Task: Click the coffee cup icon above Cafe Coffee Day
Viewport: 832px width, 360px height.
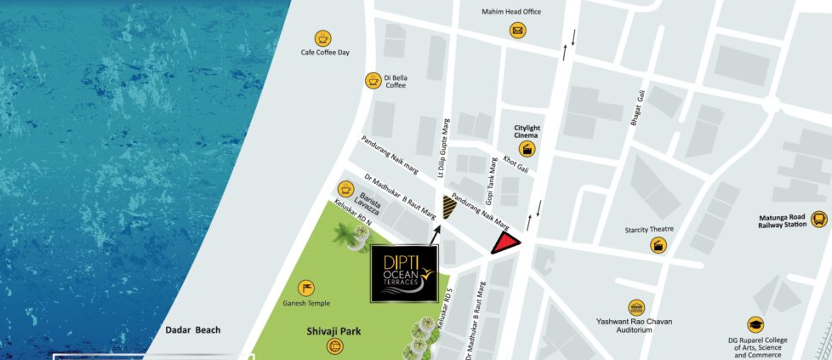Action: point(322,38)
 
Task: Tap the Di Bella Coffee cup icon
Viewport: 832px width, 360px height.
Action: point(373,80)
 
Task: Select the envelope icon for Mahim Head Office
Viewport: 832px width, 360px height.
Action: point(517,31)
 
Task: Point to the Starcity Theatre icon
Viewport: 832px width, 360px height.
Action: point(658,245)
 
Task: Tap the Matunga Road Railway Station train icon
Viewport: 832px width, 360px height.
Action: point(818,219)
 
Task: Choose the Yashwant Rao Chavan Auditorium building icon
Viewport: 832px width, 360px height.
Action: point(635,307)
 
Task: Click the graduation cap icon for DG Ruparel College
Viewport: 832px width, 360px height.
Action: point(755,324)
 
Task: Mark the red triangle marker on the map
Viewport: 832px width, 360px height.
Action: point(507,245)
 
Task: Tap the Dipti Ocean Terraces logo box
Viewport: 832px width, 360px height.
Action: point(405,274)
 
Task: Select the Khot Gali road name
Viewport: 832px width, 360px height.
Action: point(516,163)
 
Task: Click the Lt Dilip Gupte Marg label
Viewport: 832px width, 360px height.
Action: point(443,148)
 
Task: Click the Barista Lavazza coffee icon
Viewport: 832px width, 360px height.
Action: point(345,188)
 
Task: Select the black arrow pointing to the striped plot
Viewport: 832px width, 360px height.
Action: point(436,232)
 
